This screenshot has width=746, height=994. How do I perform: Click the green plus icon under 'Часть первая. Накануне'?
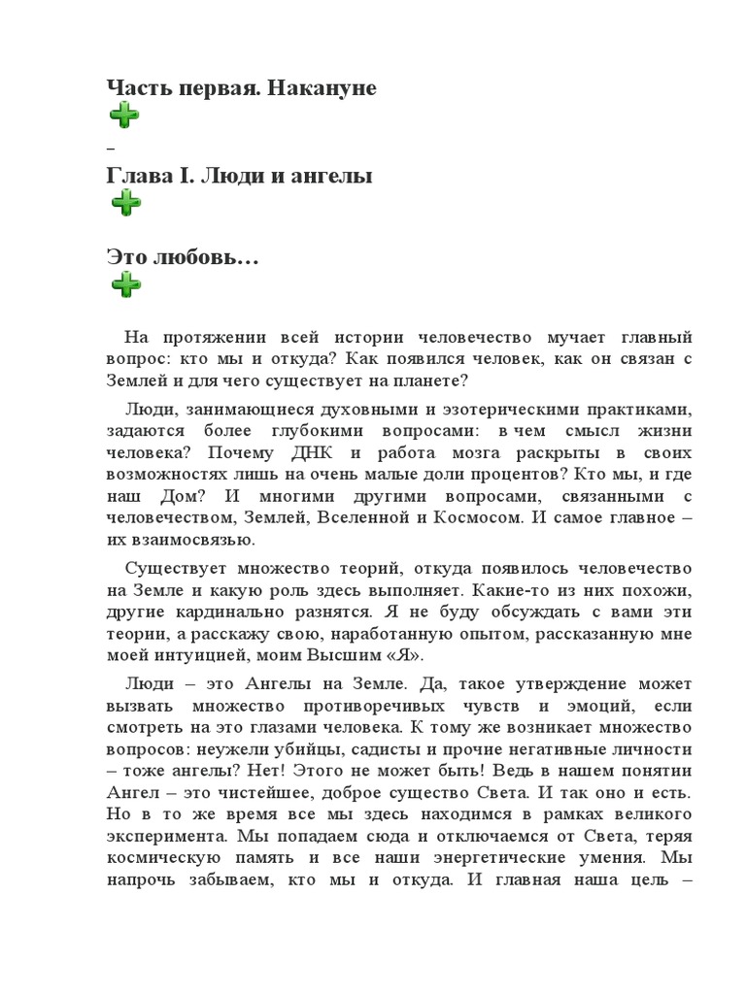[x=123, y=116]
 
